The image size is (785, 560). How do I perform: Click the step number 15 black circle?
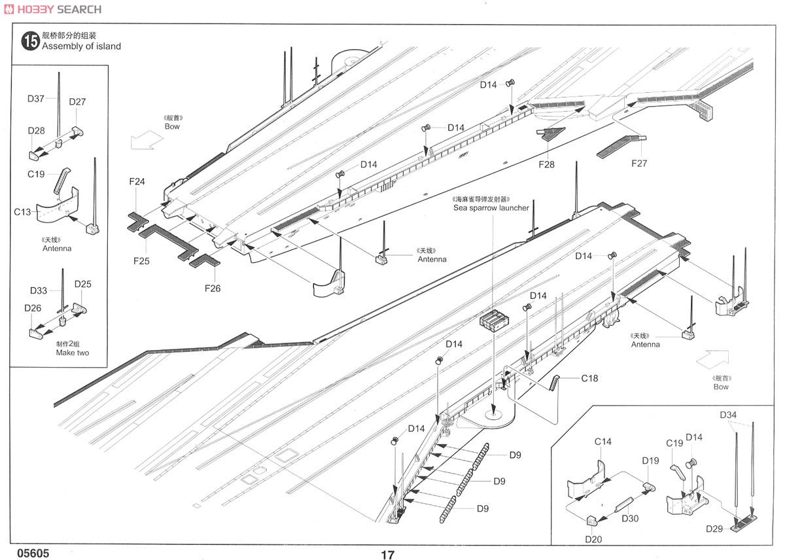(x=30, y=41)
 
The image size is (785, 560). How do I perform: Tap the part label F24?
(x=137, y=181)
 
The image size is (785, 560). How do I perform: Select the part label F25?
(x=141, y=261)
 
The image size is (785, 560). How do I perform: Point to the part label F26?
(x=213, y=289)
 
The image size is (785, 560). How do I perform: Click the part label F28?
(x=546, y=164)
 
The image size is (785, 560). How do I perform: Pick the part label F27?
(x=639, y=164)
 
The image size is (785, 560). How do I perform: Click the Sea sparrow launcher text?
(x=491, y=208)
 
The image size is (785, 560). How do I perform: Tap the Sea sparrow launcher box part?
(x=494, y=321)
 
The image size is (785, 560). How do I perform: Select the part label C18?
(x=589, y=379)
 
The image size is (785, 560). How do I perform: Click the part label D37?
(x=36, y=99)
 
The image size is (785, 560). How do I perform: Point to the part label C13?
(x=22, y=212)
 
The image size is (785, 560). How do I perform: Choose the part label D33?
(x=38, y=290)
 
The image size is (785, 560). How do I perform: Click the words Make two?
(x=73, y=353)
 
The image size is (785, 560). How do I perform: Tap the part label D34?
(x=728, y=415)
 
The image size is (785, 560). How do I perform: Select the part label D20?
(x=593, y=539)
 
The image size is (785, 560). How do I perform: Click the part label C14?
(x=602, y=442)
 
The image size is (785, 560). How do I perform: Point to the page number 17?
(x=387, y=555)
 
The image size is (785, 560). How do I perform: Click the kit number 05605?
(x=33, y=553)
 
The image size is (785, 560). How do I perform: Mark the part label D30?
(x=630, y=518)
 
